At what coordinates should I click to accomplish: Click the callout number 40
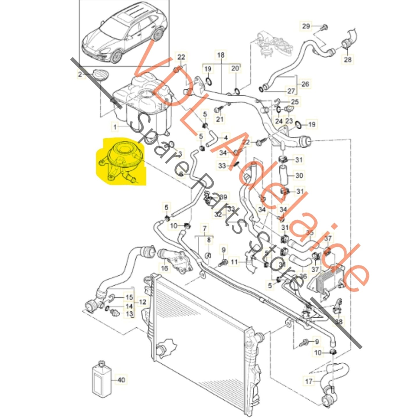[x=121, y=380]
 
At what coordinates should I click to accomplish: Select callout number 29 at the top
[x=306, y=26]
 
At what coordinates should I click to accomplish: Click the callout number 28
[x=348, y=60]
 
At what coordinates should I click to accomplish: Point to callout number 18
[x=221, y=55]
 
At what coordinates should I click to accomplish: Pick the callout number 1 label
[x=115, y=127]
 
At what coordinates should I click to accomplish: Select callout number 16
[x=165, y=268]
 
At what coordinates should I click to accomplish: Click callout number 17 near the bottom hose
[x=308, y=381]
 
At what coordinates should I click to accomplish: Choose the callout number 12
[x=142, y=302]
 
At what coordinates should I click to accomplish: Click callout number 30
[x=299, y=175]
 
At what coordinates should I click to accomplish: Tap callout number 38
[x=339, y=321]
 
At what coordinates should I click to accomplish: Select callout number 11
[x=234, y=262]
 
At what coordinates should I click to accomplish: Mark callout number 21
[x=220, y=119]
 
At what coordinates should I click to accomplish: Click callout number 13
[x=129, y=314]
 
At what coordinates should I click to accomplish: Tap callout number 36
[x=303, y=276]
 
